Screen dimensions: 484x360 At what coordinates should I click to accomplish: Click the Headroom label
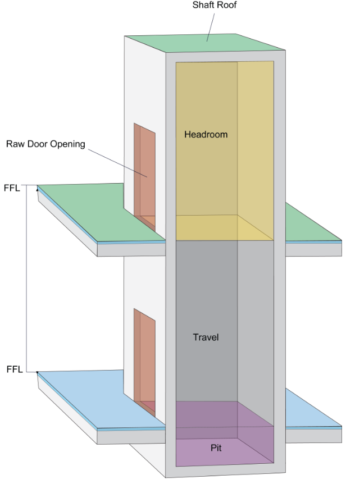pos(206,135)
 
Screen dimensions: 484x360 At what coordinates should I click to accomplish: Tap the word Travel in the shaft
pos(206,337)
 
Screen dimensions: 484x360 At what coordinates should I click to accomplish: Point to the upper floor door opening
pos(144,168)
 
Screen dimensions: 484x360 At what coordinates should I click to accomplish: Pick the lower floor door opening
pos(144,357)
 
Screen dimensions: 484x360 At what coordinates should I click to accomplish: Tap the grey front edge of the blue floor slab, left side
pos(101,436)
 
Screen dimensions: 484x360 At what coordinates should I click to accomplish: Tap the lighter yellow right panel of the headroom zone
pos(256,140)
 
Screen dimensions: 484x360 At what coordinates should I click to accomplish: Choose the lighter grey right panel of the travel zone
pos(256,320)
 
